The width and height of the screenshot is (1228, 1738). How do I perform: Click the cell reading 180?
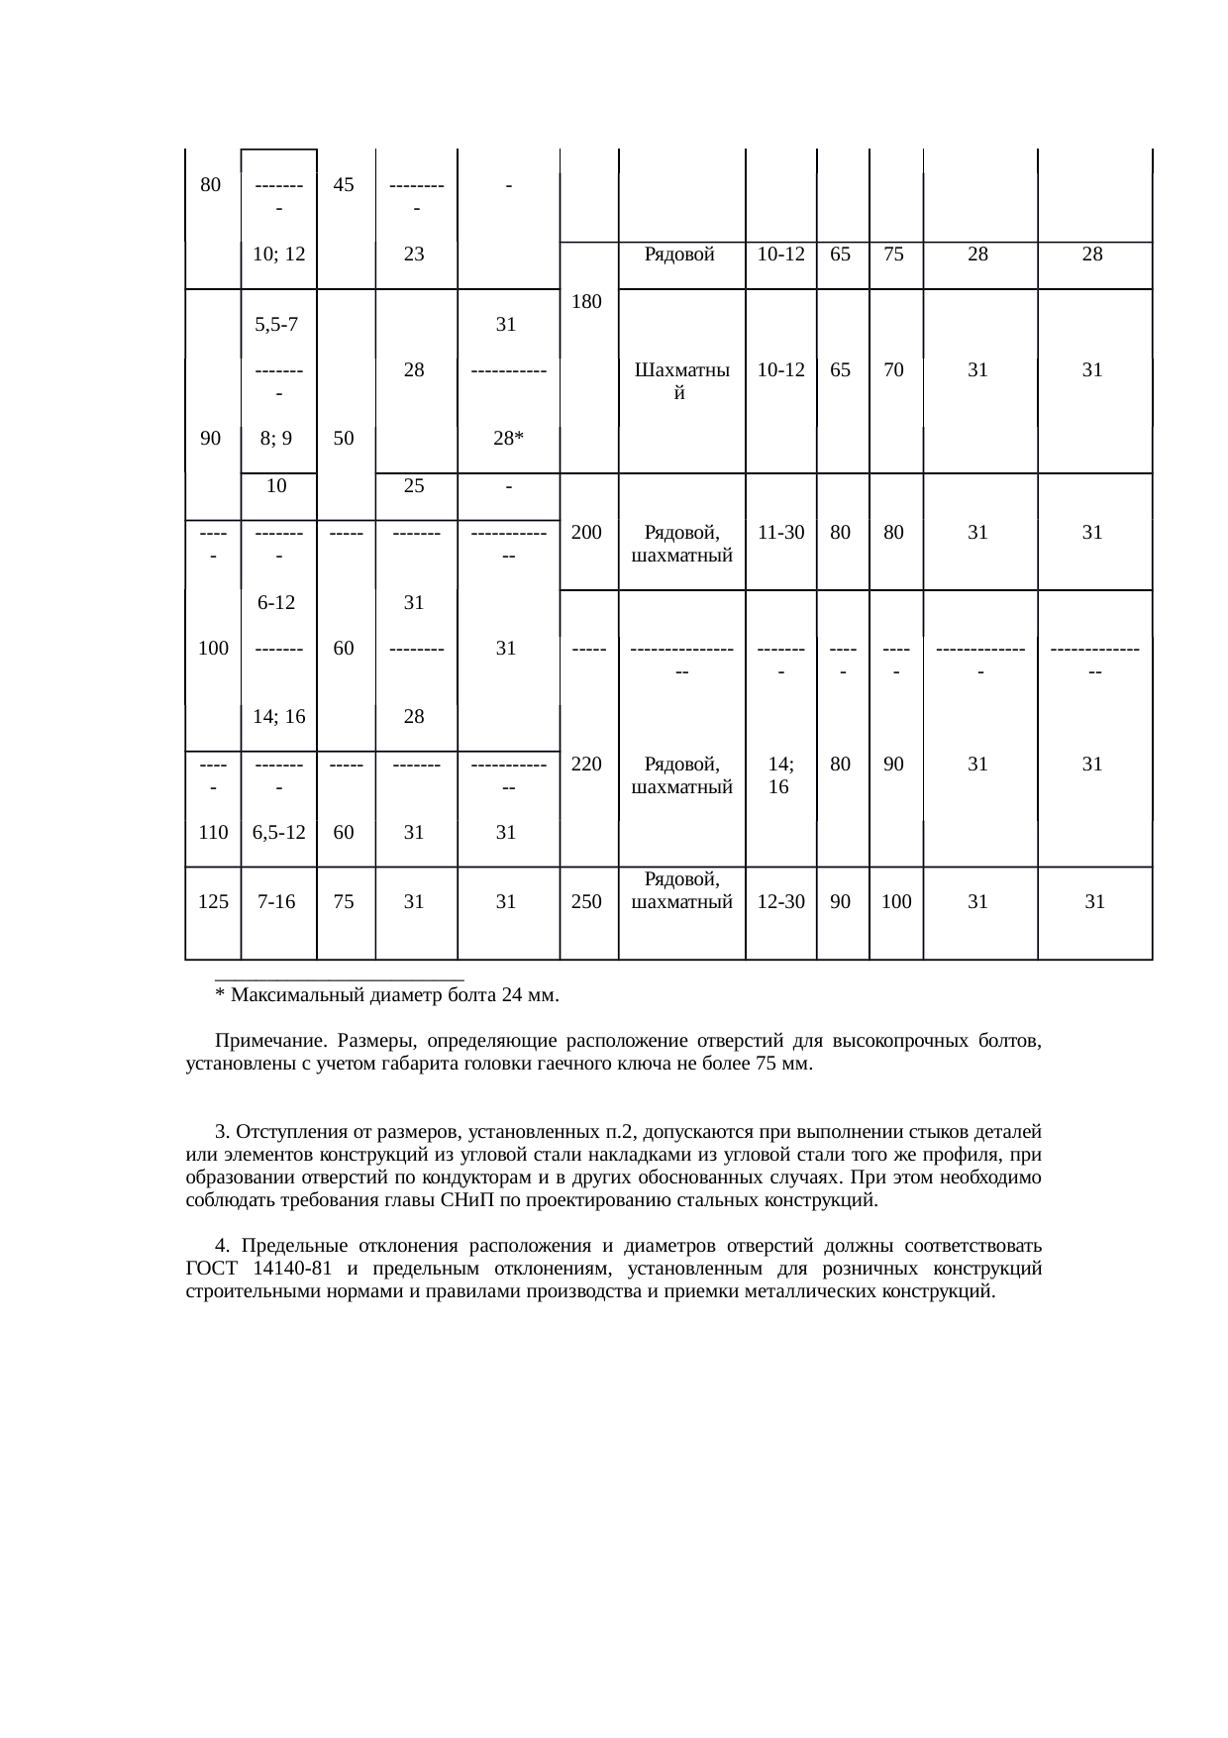(588, 301)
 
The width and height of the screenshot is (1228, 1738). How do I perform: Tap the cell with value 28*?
(507, 440)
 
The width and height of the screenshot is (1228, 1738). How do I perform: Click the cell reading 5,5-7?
(278, 324)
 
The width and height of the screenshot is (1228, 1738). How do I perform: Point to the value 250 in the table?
(588, 902)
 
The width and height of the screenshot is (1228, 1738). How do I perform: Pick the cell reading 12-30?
(779, 902)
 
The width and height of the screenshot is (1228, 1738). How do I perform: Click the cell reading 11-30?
(779, 532)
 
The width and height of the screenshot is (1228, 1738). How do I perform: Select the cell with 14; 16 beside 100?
(278, 717)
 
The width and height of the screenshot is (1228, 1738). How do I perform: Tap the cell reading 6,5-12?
(278, 833)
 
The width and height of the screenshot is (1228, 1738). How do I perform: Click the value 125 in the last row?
(213, 902)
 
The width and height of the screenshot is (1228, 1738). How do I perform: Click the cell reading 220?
(588, 764)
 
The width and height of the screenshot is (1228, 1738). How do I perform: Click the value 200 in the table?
(588, 532)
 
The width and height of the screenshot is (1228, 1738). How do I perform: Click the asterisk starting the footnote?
(219, 994)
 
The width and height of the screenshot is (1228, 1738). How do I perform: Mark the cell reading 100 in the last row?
(896, 902)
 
